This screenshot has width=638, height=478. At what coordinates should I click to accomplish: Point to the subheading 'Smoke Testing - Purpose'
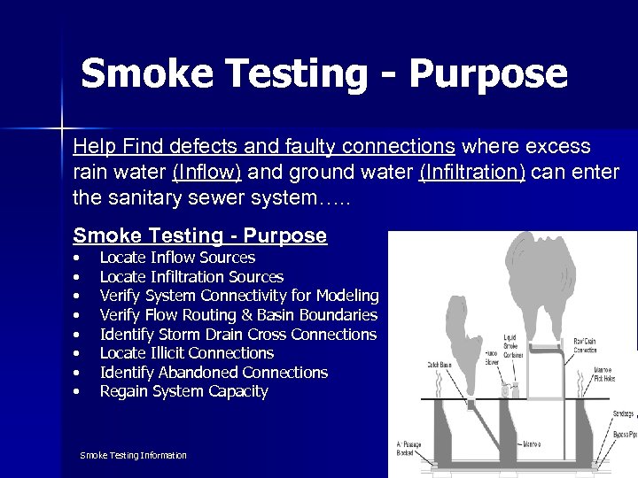[199, 236]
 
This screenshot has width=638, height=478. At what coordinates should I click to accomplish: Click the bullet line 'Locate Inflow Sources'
[177, 258]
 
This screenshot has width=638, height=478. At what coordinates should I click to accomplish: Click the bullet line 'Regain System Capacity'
[183, 391]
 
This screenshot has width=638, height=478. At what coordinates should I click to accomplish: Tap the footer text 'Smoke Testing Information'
[133, 455]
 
